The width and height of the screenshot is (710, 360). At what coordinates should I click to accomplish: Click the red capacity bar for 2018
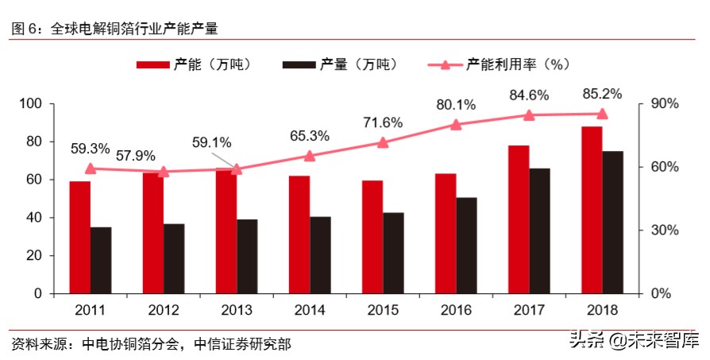tap(592, 210)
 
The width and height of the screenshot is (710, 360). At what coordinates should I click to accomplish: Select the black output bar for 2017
tap(540, 230)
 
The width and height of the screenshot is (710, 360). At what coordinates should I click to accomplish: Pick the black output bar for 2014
tap(320, 254)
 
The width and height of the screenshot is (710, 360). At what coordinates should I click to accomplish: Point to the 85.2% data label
tap(602, 93)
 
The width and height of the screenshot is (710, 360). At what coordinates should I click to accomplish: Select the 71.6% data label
tap(383, 122)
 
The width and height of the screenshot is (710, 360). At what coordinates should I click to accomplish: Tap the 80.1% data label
tap(456, 104)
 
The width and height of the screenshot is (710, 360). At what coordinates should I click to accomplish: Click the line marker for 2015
tap(383, 142)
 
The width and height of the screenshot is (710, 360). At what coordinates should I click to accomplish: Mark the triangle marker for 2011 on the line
tap(90, 168)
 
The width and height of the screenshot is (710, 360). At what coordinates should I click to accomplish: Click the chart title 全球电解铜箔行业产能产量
tap(133, 28)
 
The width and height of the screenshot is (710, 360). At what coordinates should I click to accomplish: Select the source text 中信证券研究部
tap(241, 344)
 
